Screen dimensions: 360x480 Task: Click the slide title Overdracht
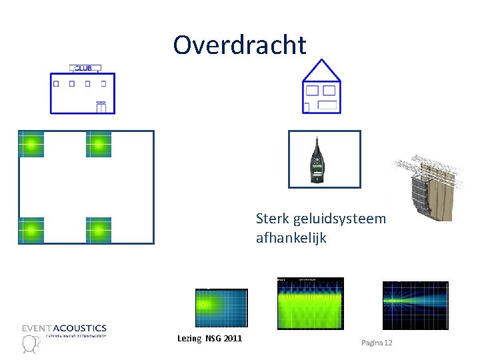[x=239, y=45]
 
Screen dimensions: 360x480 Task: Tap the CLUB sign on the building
[x=85, y=68]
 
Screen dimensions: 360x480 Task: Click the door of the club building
[x=101, y=107]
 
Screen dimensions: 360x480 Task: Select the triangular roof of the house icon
[x=322, y=71]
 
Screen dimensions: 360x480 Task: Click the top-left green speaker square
[x=31, y=144]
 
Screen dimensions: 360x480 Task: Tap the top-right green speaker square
[x=99, y=144]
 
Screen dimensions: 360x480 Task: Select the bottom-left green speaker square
[x=31, y=230]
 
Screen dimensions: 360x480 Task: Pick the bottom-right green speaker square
[x=99, y=230]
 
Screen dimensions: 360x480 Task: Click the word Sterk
[x=271, y=219]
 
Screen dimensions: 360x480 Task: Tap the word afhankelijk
[x=291, y=237]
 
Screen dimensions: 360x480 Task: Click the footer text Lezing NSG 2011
[x=209, y=339]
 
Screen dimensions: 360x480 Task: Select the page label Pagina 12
[x=377, y=342]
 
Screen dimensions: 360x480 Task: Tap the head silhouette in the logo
[x=29, y=343]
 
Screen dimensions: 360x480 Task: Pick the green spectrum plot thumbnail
[x=310, y=303]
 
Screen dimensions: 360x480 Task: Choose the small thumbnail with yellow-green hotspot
[x=221, y=307]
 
